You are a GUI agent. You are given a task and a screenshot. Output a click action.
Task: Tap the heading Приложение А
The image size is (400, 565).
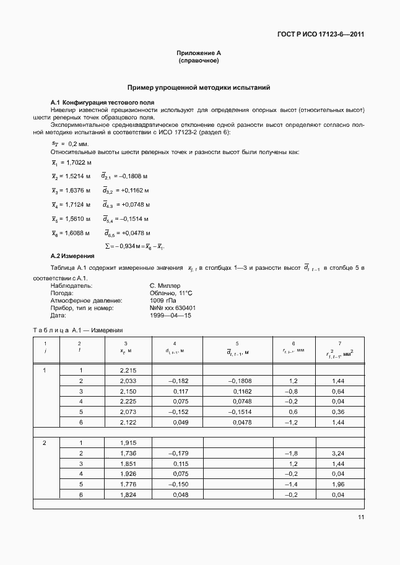[x=199, y=54]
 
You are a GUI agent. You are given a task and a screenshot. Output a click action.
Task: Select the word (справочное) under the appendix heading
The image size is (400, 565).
[x=199, y=61]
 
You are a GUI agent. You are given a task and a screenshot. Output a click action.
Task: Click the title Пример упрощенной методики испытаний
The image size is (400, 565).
[x=199, y=88]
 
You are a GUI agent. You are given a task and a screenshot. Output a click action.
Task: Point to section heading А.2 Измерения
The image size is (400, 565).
[x=72, y=256]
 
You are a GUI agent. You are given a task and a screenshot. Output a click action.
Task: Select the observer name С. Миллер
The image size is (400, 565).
[x=165, y=286]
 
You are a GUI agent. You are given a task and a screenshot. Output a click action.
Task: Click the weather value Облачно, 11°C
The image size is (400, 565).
[x=172, y=293]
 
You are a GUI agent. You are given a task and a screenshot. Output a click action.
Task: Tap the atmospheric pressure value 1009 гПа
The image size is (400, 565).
[x=163, y=300]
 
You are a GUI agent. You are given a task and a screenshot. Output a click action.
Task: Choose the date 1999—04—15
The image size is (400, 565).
[x=170, y=315]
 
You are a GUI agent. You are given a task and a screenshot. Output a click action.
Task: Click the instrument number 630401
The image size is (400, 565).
[x=185, y=308]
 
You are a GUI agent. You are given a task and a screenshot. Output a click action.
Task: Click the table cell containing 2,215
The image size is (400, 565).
[x=127, y=370]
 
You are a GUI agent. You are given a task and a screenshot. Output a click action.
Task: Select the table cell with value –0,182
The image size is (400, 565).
[x=178, y=381]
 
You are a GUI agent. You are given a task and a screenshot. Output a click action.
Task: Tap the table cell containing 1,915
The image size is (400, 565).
[x=127, y=442]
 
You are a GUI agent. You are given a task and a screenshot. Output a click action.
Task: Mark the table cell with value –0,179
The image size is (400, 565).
[x=178, y=453]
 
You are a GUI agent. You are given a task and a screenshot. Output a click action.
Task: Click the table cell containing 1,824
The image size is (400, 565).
[x=127, y=495]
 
